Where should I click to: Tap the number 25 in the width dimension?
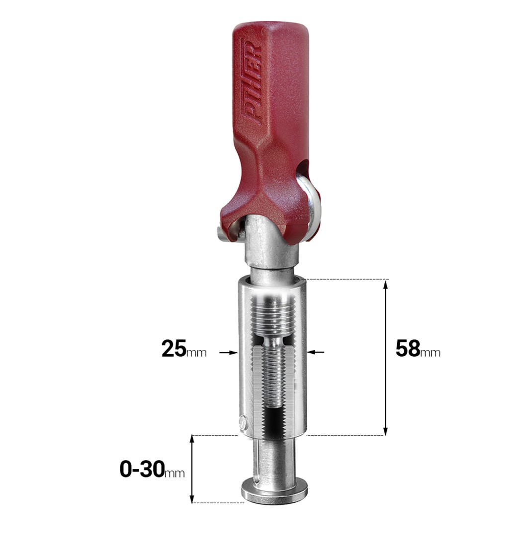[x=174, y=348]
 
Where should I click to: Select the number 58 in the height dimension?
[x=408, y=348]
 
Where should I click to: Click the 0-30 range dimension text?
[x=142, y=469]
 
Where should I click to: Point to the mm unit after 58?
[x=431, y=353]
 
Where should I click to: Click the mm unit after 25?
[x=196, y=353]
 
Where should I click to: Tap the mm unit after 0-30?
[x=175, y=473]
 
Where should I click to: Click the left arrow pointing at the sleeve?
[x=229, y=353]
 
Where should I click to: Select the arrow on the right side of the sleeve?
[x=316, y=352]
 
